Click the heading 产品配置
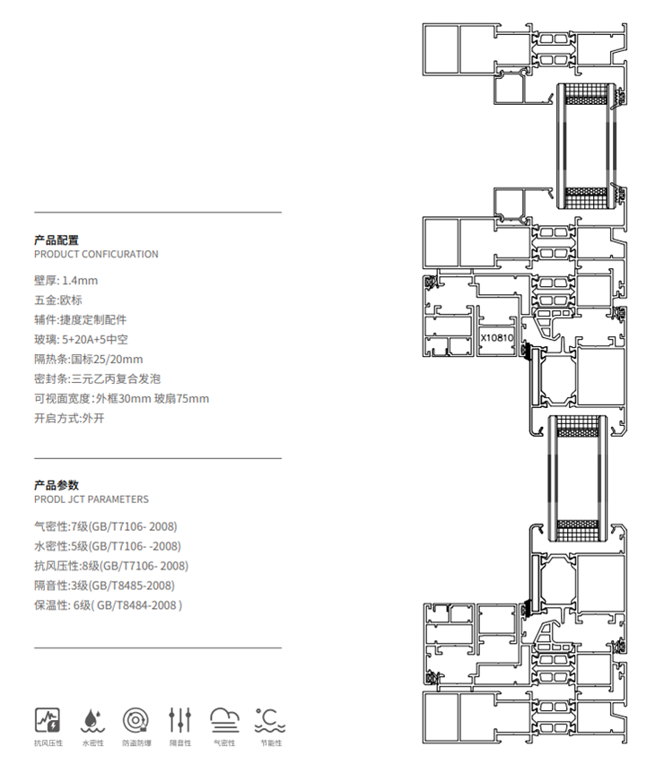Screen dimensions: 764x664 pyautogui.click(x=56, y=239)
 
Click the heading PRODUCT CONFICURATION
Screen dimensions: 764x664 pyautogui.click(x=95, y=255)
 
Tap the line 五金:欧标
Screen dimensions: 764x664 pyautogui.click(x=57, y=300)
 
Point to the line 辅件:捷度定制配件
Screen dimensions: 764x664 pyautogui.click(x=80, y=320)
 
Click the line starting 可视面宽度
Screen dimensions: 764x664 pyautogui.click(x=121, y=399)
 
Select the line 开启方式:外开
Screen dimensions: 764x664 pyautogui.click(x=69, y=419)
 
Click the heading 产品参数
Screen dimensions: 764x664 pyautogui.click(x=56, y=484)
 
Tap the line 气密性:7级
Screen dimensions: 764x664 pyautogui.click(x=105, y=526)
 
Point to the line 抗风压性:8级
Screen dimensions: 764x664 pyautogui.click(x=110, y=566)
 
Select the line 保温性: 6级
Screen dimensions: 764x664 pyautogui.click(x=108, y=605)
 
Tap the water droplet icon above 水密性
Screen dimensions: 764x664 pyautogui.click(x=92, y=718)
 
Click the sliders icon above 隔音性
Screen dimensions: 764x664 pyautogui.click(x=180, y=718)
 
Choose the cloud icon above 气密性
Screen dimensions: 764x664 pyautogui.click(x=224, y=718)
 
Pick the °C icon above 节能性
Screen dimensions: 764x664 pyautogui.click(x=269, y=718)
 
